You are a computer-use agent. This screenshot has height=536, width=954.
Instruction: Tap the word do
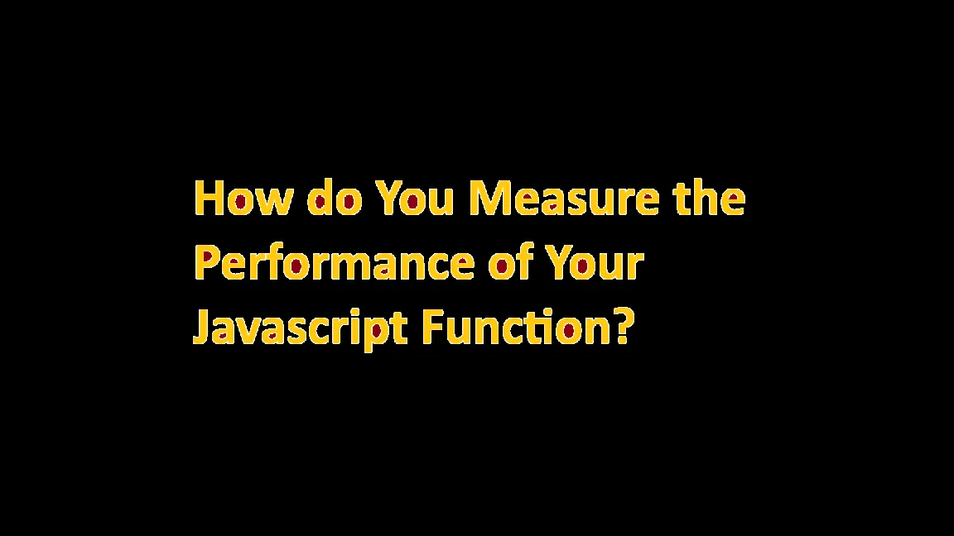(335, 199)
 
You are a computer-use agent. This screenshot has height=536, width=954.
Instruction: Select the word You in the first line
(415, 199)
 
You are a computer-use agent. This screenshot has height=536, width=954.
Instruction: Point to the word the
(710, 199)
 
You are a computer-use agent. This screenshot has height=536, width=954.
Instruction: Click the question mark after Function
(624, 328)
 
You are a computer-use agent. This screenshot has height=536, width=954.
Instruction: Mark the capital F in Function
(432, 328)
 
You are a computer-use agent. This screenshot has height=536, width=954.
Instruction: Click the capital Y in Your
(558, 264)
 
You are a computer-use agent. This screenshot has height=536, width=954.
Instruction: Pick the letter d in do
(320, 199)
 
